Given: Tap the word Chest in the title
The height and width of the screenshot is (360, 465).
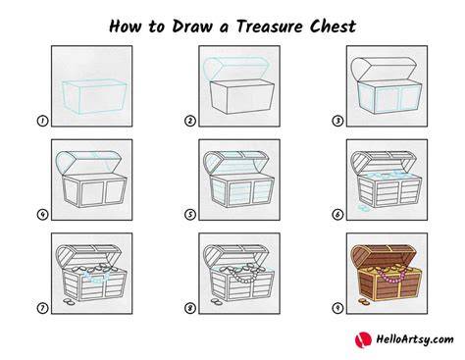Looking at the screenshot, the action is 333,26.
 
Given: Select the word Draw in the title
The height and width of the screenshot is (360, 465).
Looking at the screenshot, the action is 192,26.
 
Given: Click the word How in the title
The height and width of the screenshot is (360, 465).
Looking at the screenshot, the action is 126,26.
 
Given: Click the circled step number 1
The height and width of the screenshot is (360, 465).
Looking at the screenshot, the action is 42,121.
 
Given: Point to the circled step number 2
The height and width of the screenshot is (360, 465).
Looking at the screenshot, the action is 190,121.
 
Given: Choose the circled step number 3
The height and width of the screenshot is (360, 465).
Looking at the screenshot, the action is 337,121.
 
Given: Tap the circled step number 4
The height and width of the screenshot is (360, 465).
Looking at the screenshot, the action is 42,215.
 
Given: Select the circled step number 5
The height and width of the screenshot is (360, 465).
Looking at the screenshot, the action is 190,215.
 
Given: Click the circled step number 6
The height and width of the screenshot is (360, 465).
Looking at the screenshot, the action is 337,215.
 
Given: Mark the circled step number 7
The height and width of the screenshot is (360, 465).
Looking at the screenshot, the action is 42,308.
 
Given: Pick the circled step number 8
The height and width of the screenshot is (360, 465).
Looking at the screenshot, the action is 190,308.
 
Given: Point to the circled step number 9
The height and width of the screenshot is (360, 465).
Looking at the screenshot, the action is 337,308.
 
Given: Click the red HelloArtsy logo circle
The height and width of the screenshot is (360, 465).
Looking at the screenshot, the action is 363,339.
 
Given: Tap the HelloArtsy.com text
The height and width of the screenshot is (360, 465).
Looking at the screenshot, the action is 415,339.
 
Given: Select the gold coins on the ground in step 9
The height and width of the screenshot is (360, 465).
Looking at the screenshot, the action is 363,301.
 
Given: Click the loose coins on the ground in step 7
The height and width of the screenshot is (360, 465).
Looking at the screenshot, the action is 69,301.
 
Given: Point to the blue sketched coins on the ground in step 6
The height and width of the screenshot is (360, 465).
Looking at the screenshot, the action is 363,208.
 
